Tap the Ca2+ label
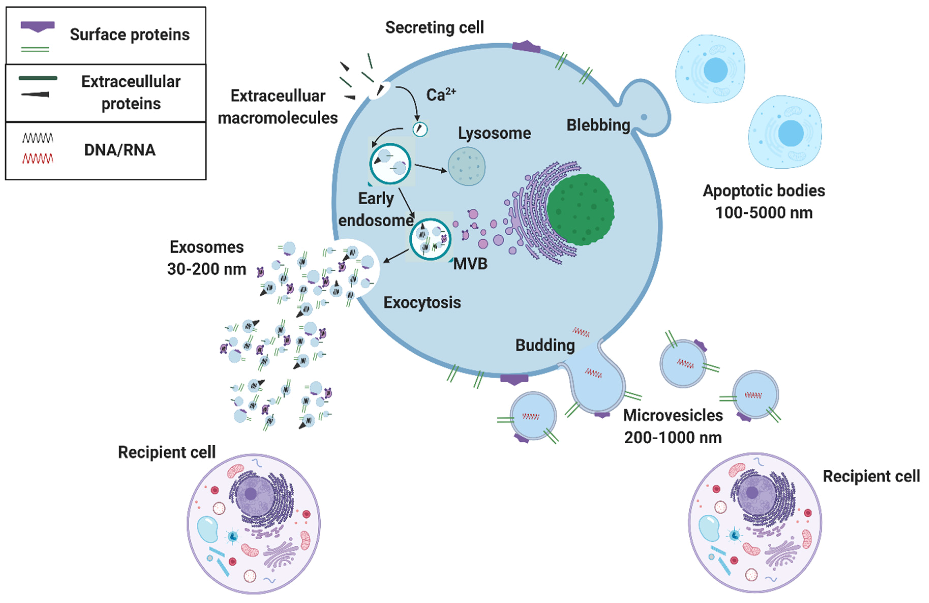(x=440, y=95)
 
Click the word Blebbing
(x=598, y=125)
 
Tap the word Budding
(x=545, y=345)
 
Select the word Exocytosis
(x=422, y=303)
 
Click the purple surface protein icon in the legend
(x=37, y=26)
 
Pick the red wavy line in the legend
(x=37, y=158)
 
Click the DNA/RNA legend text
(x=119, y=150)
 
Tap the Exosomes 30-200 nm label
(x=206, y=258)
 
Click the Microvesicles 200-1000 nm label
(x=673, y=426)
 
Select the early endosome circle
(x=390, y=164)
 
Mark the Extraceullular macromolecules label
(x=278, y=107)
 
